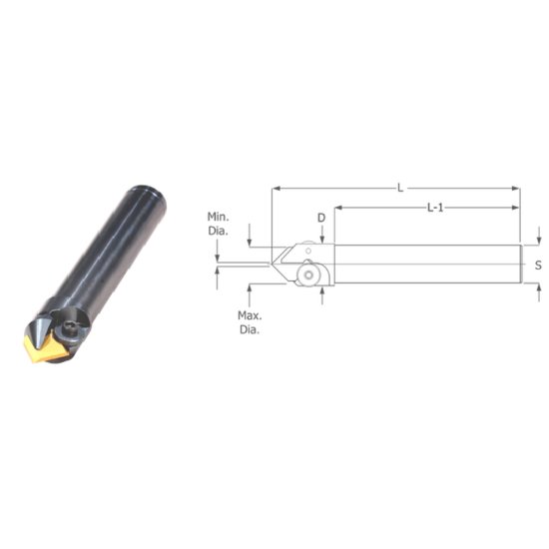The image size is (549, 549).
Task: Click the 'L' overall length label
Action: [x=400, y=187]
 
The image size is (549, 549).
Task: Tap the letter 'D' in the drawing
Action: [x=321, y=217]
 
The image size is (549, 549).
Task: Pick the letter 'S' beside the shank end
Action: [x=538, y=265]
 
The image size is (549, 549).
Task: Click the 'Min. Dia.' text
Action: [x=219, y=223]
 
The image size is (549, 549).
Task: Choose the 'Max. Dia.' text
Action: [x=249, y=322]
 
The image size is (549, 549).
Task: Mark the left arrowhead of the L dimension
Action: [x=275, y=187]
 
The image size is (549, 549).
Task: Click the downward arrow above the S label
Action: [x=538, y=241]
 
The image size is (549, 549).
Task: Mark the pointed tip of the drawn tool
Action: [x=271, y=265]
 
